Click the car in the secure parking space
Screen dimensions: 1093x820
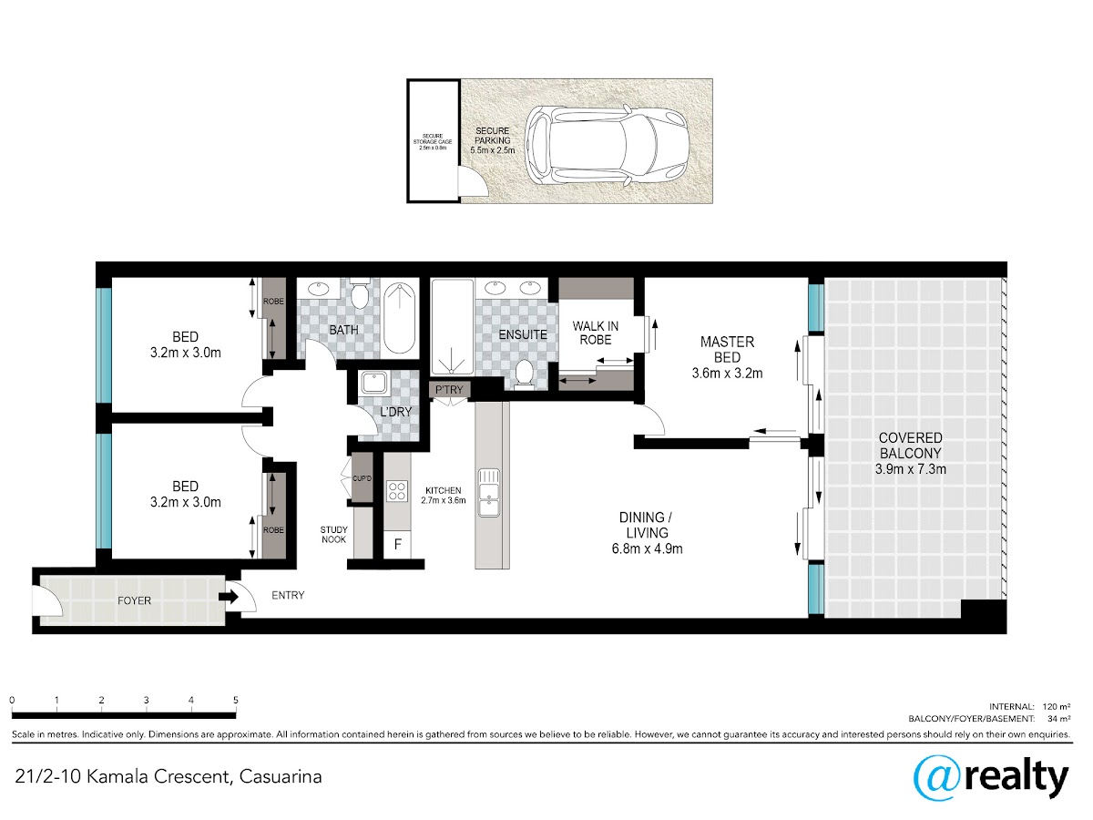click(x=608, y=145)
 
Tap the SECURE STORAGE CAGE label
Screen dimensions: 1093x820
click(x=433, y=142)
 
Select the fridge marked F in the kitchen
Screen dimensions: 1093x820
click(x=397, y=544)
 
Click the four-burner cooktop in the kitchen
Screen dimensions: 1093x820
click(x=397, y=490)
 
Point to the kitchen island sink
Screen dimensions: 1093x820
click(x=489, y=493)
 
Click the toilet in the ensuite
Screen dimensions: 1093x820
click(x=524, y=373)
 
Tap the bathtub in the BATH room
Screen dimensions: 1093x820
click(x=399, y=319)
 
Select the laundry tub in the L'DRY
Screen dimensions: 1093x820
click(x=376, y=383)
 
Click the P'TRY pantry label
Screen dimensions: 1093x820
click(x=449, y=390)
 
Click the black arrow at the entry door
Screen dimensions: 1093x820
click(x=229, y=596)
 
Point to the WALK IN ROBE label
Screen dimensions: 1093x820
click(x=596, y=333)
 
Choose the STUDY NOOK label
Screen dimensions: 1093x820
click(x=333, y=535)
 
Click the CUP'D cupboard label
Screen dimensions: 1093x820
click(x=362, y=478)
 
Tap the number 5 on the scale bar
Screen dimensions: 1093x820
click(x=236, y=700)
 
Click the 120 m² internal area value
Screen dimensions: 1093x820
click(x=1057, y=707)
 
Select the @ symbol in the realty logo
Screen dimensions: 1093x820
click(x=937, y=778)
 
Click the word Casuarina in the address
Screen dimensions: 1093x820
click(x=281, y=776)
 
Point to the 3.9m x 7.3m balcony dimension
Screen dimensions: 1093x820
click(x=911, y=469)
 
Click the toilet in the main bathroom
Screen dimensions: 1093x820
click(x=359, y=294)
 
